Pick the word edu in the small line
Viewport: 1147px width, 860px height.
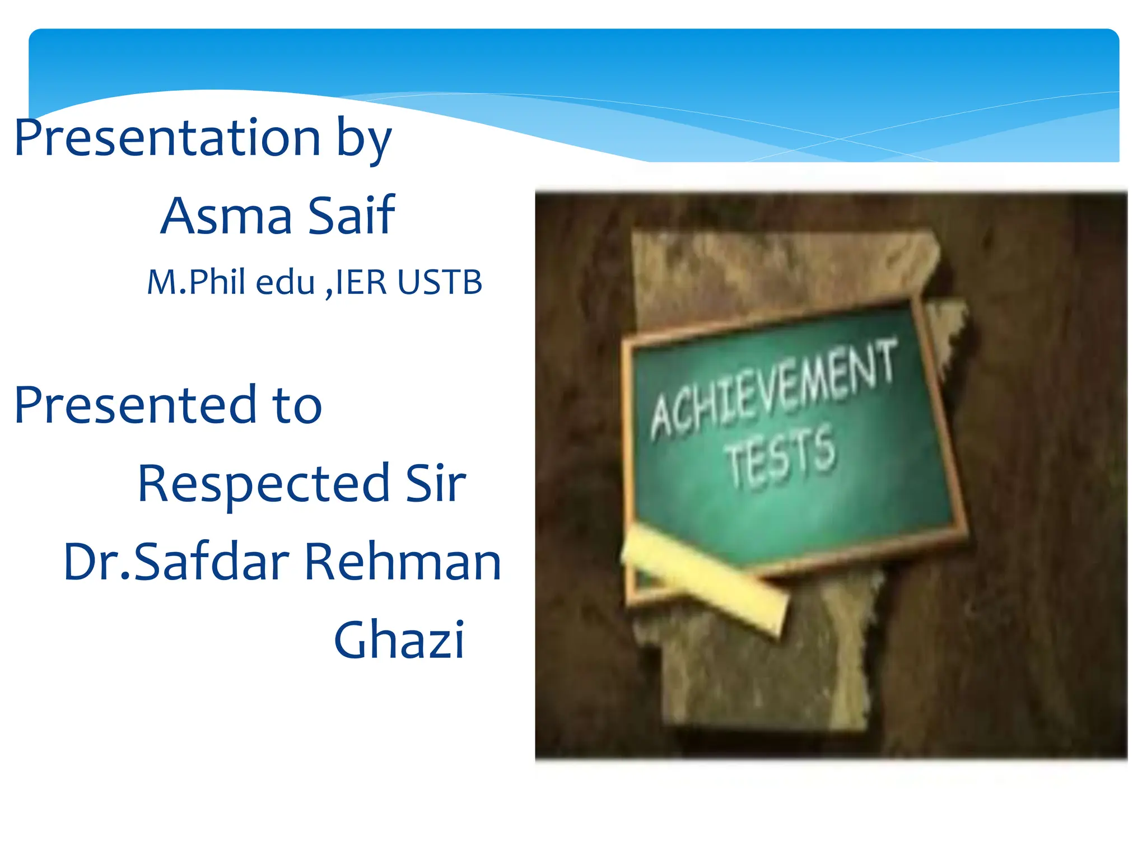285,282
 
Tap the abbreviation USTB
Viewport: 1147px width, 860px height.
440,282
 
